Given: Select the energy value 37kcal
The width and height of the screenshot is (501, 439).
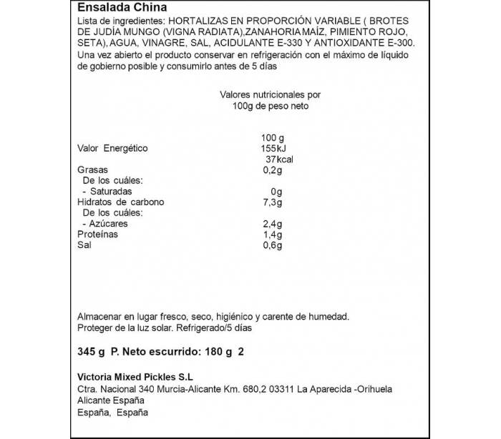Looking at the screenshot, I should tap(279, 159).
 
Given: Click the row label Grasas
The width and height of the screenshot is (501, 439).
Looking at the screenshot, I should tap(92, 170).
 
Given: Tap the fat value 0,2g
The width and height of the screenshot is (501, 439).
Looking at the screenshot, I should tap(273, 170).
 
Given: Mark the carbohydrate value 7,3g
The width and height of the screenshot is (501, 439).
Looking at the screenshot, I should tap(273, 202).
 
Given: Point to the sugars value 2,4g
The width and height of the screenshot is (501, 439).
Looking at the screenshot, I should tap(273, 224).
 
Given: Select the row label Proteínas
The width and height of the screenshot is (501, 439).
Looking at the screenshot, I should tap(97, 235).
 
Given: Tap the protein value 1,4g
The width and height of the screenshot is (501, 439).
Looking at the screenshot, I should tap(273, 235).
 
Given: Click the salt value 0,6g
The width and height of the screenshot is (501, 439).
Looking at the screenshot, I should tap(273, 245).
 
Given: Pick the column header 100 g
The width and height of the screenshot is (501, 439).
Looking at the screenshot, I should tap(273, 137).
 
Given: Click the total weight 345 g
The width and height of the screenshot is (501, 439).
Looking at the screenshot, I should tap(91, 351).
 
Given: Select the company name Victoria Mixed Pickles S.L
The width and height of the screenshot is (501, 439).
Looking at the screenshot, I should tap(135, 377).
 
